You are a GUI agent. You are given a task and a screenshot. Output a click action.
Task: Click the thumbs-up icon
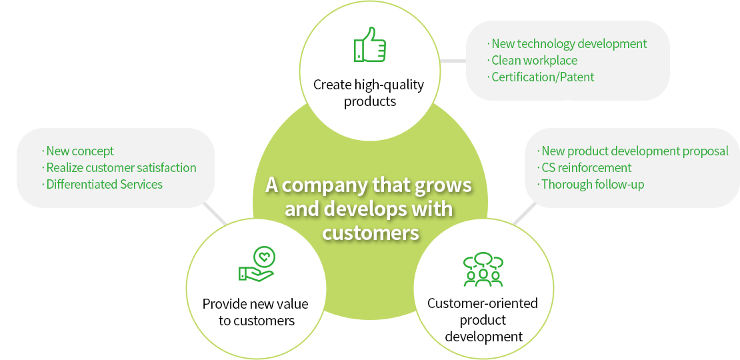(369, 45)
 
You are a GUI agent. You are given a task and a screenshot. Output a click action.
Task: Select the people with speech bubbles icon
(483, 269)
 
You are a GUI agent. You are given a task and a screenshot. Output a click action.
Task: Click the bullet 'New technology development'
(567, 44)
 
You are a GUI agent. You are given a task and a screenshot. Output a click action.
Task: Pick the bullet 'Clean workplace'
(533, 61)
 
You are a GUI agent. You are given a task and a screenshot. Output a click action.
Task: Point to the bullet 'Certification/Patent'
(541, 77)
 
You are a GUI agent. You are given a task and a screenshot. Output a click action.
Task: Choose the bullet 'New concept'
(78, 151)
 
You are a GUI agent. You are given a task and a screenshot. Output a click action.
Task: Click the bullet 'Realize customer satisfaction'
(119, 167)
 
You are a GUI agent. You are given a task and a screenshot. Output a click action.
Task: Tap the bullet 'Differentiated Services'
(102, 184)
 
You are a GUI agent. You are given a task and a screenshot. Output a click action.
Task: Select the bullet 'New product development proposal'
(633, 151)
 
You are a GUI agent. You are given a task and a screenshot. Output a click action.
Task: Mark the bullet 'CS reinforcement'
(584, 167)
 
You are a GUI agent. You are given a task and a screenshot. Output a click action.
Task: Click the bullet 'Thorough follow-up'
(591, 184)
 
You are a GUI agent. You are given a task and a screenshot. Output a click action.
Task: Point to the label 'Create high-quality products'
(369, 93)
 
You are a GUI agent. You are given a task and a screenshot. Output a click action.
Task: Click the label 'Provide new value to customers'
(255, 312)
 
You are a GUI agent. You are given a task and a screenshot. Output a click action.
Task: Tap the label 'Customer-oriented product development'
(483, 319)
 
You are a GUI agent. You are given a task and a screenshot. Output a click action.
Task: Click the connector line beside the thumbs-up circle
(453, 61)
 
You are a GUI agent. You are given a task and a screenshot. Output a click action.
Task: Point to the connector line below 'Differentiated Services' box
(215, 214)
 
